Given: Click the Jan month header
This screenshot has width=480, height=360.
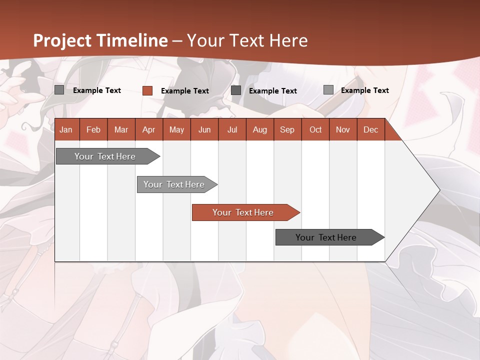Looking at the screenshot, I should (x=66, y=129).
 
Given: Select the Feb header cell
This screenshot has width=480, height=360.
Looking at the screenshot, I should (x=93, y=129).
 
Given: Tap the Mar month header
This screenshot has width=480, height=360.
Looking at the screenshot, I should (x=121, y=129).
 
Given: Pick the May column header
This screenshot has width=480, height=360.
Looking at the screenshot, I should (x=176, y=129).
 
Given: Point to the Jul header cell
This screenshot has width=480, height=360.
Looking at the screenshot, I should (x=232, y=129).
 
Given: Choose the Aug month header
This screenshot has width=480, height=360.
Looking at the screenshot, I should (x=259, y=129).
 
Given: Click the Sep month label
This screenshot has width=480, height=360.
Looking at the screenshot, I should (x=287, y=129).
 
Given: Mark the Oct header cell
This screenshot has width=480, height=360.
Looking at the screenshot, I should (x=315, y=129).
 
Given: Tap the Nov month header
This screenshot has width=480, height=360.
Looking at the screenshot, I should (x=343, y=129).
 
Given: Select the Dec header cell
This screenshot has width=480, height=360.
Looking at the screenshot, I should (x=370, y=129).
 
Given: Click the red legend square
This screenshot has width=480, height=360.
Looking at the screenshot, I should (x=147, y=90).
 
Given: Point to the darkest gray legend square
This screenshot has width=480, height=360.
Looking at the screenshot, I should (x=236, y=90).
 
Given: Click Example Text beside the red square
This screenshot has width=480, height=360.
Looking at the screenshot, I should (x=185, y=91).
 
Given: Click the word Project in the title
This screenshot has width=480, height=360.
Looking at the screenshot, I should (x=62, y=40).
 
